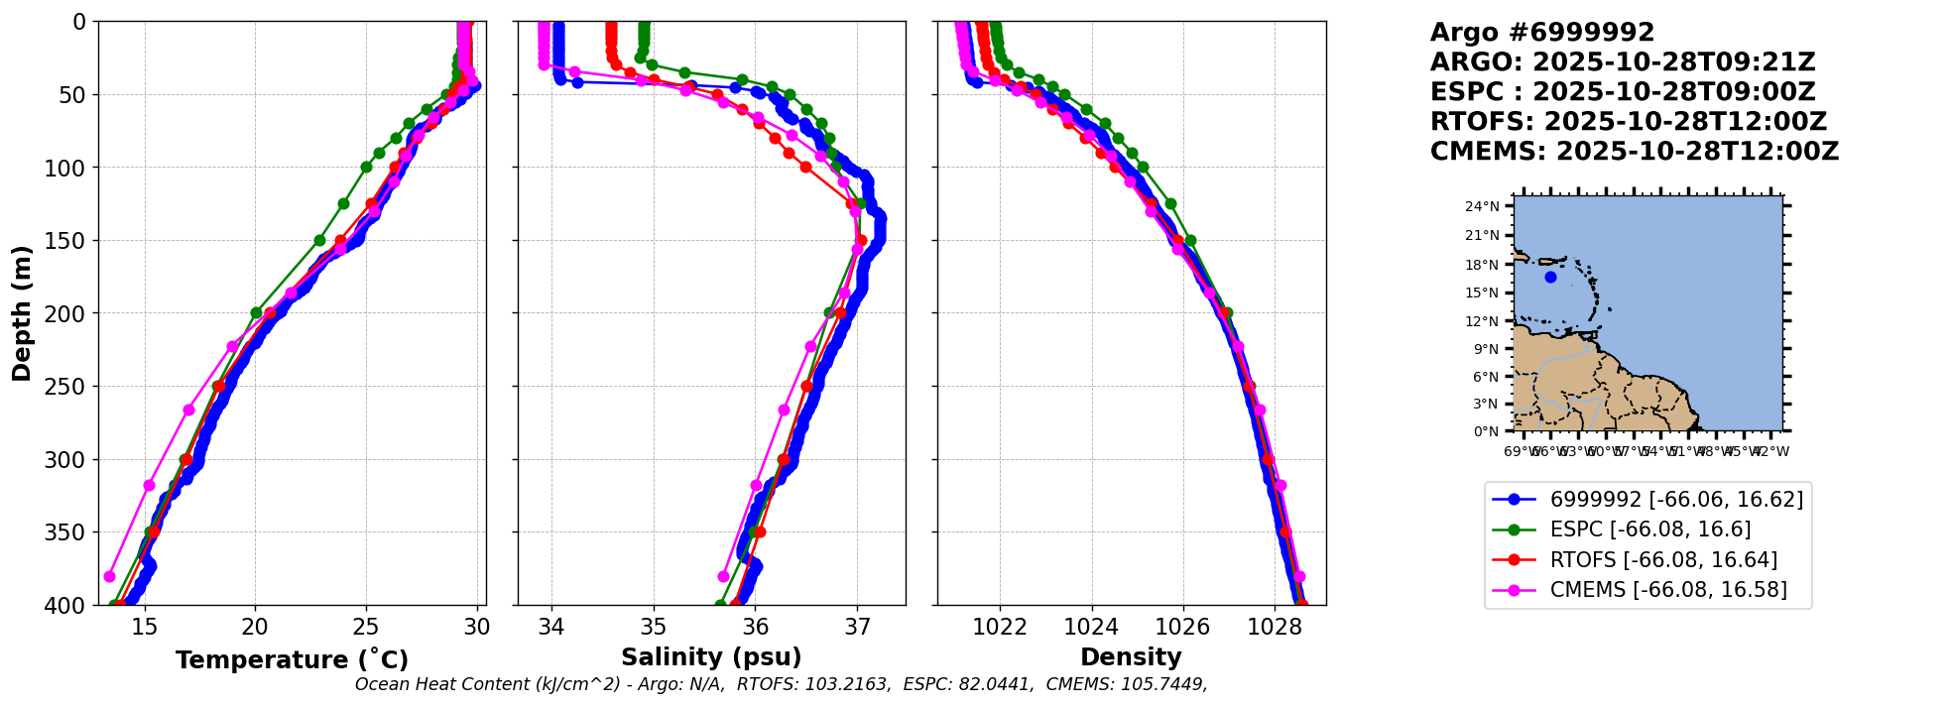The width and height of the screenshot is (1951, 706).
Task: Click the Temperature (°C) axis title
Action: (x=292, y=660)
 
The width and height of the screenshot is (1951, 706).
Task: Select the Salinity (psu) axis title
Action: (x=711, y=657)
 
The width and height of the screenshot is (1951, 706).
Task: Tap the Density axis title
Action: (x=1131, y=657)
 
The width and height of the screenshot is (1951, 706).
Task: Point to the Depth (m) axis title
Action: (x=22, y=313)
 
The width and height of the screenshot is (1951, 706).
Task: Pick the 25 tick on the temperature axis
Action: (x=366, y=627)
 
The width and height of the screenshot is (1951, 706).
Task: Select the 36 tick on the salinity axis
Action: (x=756, y=627)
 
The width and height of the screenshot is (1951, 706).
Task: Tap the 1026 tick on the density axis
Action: (x=1183, y=627)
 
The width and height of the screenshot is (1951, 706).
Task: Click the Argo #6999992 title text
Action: (x=1542, y=33)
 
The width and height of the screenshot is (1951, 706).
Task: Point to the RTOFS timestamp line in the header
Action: (x=1628, y=122)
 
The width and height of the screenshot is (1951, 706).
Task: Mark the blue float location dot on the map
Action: (x=1550, y=278)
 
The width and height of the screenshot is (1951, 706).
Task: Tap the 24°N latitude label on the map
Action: (x=1483, y=207)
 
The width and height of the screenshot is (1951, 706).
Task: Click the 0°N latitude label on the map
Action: (x=1486, y=431)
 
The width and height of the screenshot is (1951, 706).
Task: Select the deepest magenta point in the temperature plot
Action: (x=109, y=576)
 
